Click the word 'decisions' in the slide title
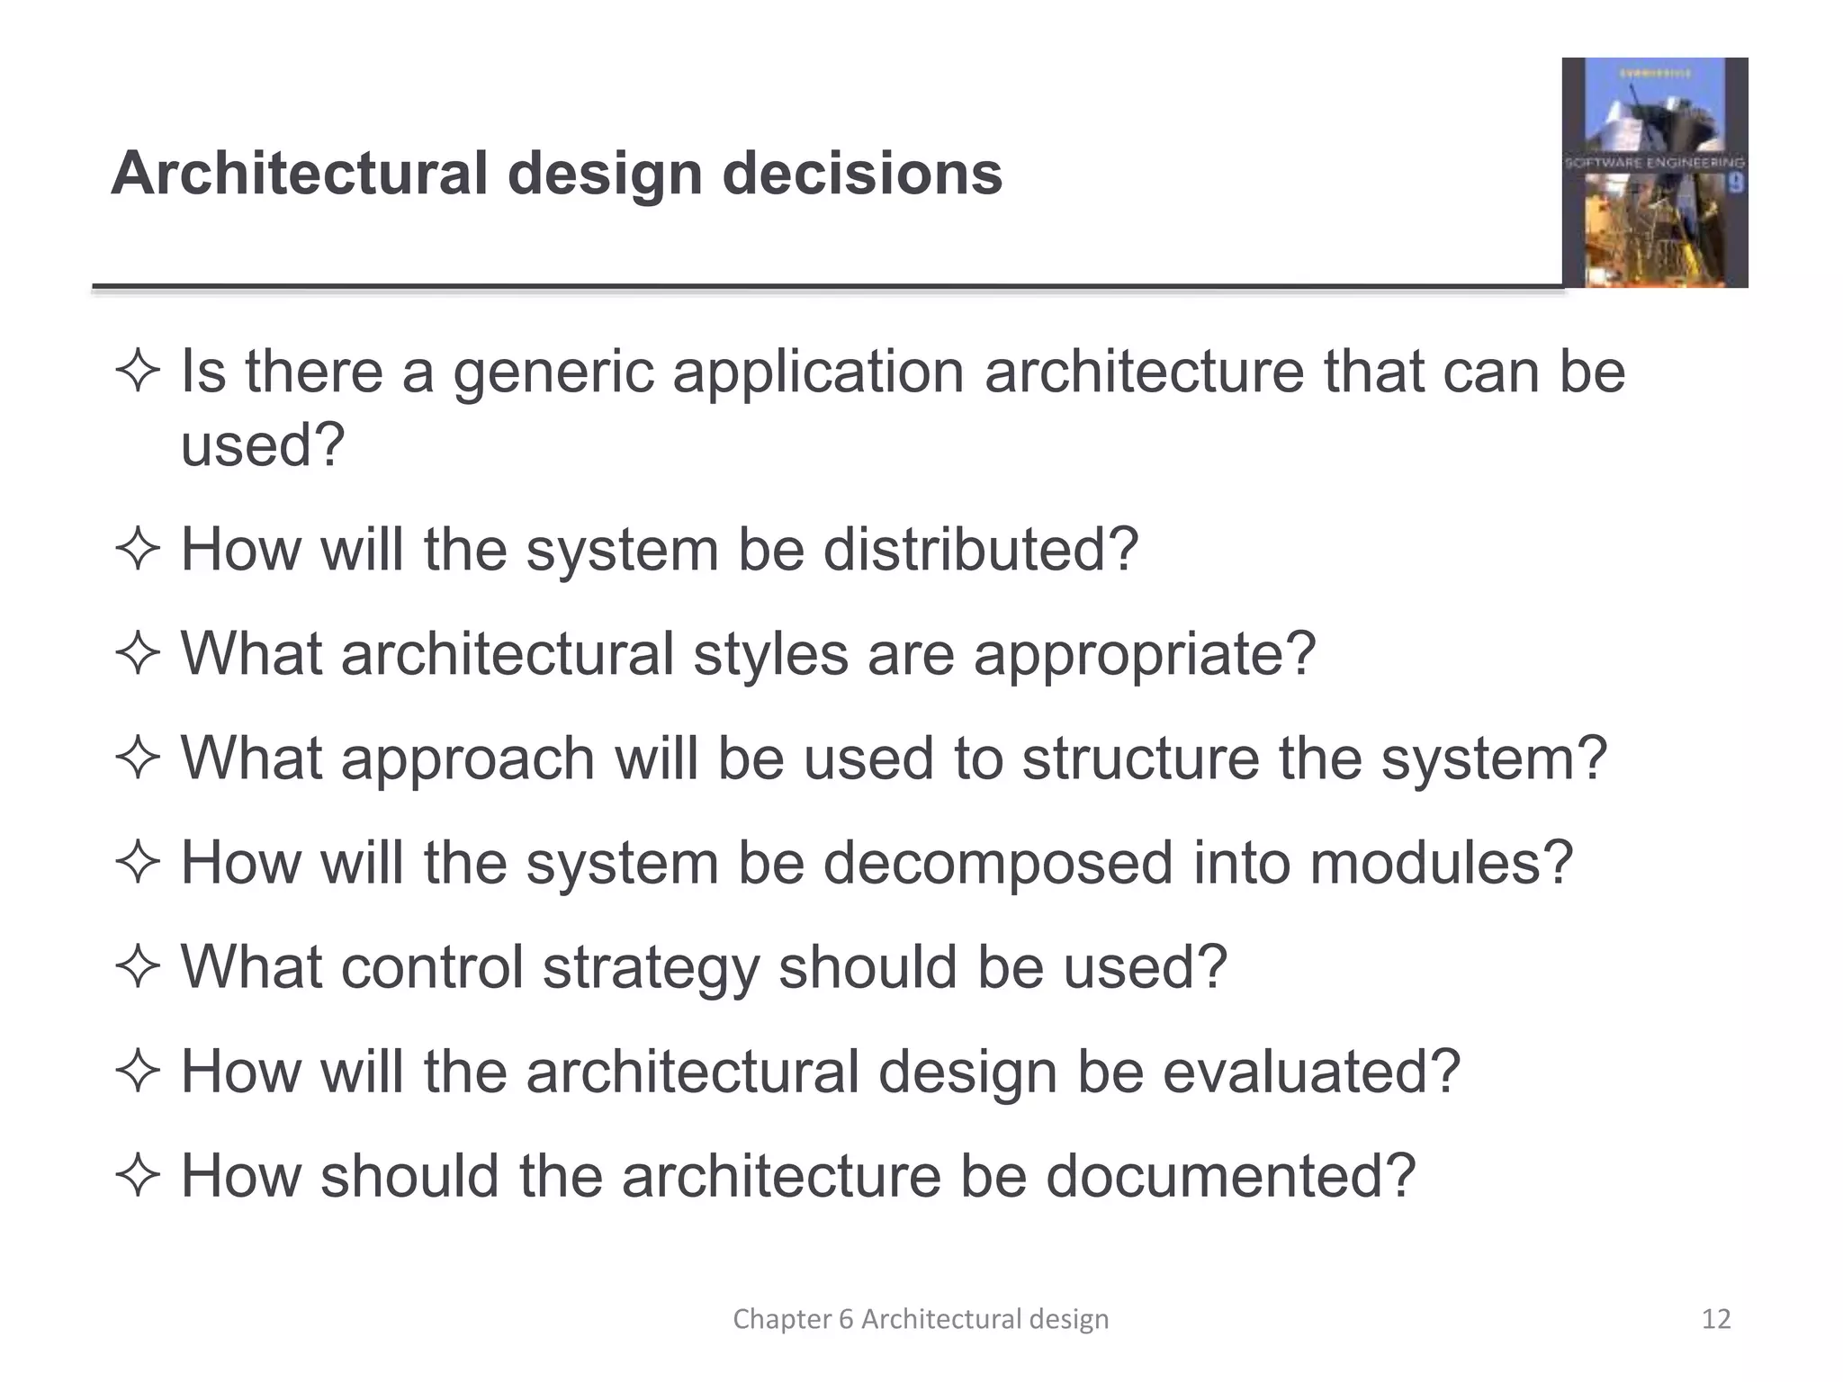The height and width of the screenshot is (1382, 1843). [862, 173]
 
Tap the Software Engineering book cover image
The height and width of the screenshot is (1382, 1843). [1654, 173]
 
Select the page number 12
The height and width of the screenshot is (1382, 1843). [1716, 1319]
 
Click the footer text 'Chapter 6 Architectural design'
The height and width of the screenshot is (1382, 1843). [921, 1319]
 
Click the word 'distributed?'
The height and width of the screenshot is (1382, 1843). [981, 549]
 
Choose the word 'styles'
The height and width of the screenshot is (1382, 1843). [770, 653]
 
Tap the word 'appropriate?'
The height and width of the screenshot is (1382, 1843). [1145, 655]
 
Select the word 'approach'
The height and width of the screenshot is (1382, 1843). [468, 759]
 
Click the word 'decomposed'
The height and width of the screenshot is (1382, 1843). [998, 864]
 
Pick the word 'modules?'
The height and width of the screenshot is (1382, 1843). [1441, 862]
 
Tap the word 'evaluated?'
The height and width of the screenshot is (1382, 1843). [1311, 1072]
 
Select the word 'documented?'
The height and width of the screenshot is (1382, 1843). [1230, 1176]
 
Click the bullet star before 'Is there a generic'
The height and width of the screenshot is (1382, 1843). [138, 372]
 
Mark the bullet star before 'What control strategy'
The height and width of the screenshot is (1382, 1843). [138, 967]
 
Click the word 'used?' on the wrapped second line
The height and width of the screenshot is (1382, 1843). [263, 444]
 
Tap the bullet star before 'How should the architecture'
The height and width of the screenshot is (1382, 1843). [138, 1176]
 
